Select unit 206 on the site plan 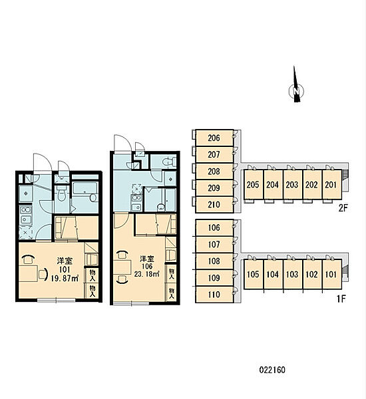click(214, 138)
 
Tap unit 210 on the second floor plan click(214, 205)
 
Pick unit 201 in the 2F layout click(332, 184)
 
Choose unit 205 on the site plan click(254, 184)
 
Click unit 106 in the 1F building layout click(214, 227)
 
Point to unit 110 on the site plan click(214, 295)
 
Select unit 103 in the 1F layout click(293, 274)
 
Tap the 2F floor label click(343, 208)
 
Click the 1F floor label click(341, 299)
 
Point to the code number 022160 click(272, 370)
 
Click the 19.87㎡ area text click(65, 279)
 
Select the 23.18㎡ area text click(147, 274)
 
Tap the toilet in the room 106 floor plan click(169, 161)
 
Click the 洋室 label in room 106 click(147, 259)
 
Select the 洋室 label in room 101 click(65, 261)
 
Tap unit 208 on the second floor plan click(214, 172)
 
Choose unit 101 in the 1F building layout click(332, 274)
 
